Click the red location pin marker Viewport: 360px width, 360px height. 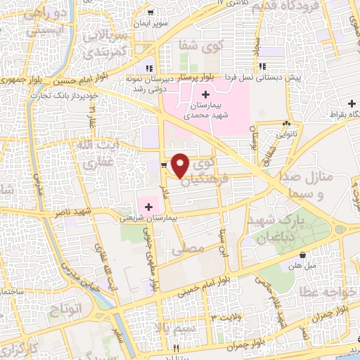click(x=181, y=165)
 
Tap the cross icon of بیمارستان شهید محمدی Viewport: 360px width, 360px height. click(x=205, y=95)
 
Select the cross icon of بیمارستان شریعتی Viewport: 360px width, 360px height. click(x=148, y=205)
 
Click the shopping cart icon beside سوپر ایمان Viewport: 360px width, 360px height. click(x=150, y=13)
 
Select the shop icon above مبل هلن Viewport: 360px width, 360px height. click(x=302, y=255)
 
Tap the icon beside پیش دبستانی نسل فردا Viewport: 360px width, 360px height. click(x=262, y=67)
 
